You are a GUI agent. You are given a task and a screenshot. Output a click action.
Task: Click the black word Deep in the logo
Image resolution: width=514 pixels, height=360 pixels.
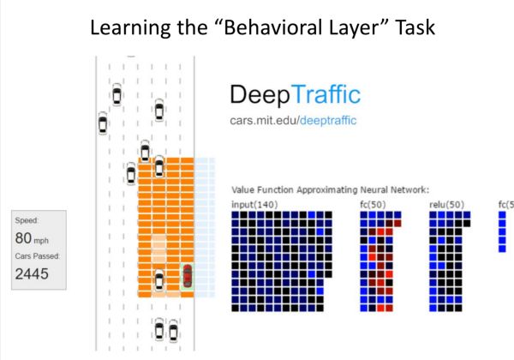tap(259, 95)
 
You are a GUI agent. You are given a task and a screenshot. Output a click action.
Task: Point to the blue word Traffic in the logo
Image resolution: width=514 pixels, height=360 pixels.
tap(324, 95)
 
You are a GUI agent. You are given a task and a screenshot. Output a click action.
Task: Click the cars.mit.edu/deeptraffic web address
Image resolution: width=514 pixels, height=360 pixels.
tap(294, 121)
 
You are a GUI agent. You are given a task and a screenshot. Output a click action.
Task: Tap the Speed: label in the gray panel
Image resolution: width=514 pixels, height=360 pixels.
tap(28, 220)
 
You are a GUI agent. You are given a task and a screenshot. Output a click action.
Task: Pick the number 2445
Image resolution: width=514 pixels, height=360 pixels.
tap(33, 274)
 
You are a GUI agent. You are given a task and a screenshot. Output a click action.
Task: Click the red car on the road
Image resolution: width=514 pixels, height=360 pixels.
tap(188, 276)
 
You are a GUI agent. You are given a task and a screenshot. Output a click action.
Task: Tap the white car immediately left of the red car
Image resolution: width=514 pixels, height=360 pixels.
tap(159, 280)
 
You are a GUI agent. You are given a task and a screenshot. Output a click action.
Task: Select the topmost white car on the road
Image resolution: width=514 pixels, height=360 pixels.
tap(117, 94)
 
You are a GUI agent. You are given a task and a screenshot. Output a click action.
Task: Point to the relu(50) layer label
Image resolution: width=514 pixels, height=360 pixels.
tap(445, 204)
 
